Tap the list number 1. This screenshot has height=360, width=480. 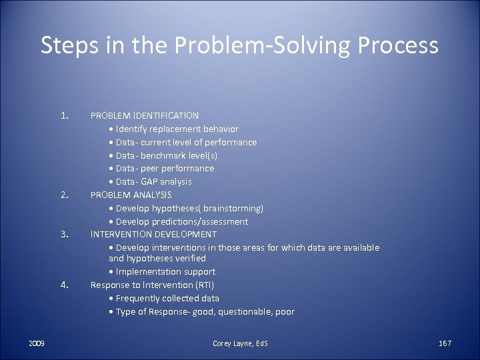[x=65, y=115]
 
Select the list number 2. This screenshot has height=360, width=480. [x=65, y=195]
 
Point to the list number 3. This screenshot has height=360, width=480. [x=65, y=235]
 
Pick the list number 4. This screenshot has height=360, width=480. [x=65, y=285]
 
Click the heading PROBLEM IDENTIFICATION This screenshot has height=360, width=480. [x=145, y=115]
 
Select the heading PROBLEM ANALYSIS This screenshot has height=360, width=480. [x=131, y=195]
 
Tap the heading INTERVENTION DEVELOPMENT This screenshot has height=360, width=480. [x=153, y=234]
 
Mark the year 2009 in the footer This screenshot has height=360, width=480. [x=37, y=343]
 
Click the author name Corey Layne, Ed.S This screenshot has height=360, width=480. [x=240, y=343]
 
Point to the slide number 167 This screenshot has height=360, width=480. [x=445, y=343]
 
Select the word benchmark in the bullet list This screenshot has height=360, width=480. [x=168, y=155]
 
